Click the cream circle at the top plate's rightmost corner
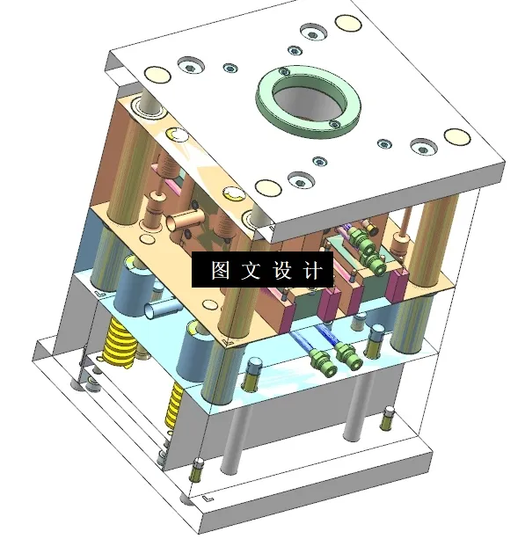click(x=456, y=137)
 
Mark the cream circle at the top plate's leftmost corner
click(x=156, y=76)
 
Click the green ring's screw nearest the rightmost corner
click(x=333, y=125)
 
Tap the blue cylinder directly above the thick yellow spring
click(x=131, y=290)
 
